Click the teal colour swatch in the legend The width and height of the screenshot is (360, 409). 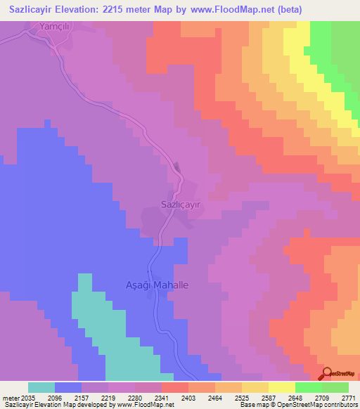[x=41, y=387]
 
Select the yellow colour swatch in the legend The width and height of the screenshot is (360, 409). [x=281, y=387]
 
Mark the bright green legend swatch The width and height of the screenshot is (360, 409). [x=308, y=387]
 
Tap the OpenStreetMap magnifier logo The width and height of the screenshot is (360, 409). [x=328, y=373]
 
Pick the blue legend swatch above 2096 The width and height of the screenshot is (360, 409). [x=67, y=387]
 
